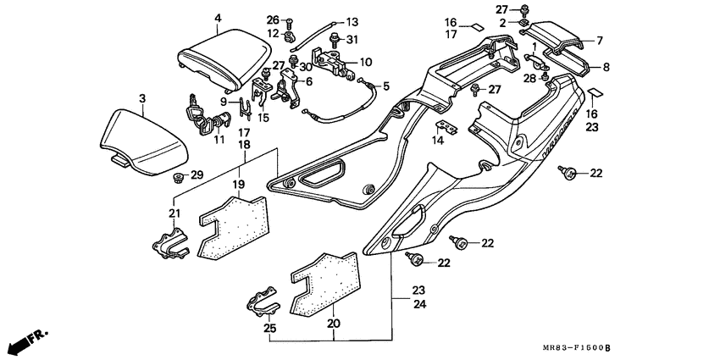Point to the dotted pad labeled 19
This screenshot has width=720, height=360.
(x=230, y=224)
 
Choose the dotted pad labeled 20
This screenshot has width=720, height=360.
(x=324, y=280)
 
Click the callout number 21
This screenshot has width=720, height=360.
(x=174, y=213)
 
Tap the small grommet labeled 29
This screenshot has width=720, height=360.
(x=179, y=176)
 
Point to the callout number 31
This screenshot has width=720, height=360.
(x=352, y=40)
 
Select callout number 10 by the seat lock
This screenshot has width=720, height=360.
(x=365, y=62)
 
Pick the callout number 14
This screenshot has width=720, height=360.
(x=437, y=141)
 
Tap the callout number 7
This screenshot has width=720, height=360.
(x=599, y=40)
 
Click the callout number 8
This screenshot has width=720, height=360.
(x=606, y=66)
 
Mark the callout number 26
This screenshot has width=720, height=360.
(x=272, y=19)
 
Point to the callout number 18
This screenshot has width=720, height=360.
(x=243, y=145)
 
